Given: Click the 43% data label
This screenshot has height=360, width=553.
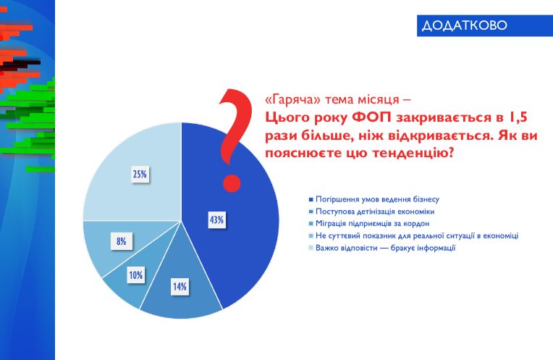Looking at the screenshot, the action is coord(216,220).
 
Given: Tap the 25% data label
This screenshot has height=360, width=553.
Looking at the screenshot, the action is coord(140,174).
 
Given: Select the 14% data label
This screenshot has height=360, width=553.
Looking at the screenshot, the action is coord(180,287).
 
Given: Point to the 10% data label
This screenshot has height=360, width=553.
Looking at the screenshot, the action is coord(136,275).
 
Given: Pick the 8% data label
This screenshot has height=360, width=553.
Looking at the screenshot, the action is coord(122,241).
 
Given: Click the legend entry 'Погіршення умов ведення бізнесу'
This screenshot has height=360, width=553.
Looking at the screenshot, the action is coord(377,199).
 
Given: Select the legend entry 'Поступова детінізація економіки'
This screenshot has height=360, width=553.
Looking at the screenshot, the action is coord(375,212).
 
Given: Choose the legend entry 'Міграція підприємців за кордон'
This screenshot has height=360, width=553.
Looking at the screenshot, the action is coord(373,223).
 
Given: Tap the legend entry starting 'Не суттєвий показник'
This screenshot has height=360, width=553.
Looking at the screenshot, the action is coord(417,235).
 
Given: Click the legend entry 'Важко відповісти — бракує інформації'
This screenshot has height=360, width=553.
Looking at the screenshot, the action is coord(386,248).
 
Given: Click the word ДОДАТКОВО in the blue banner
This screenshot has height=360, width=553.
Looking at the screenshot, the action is coord(465,25).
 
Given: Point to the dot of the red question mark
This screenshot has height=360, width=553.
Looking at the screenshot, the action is coord(232,183).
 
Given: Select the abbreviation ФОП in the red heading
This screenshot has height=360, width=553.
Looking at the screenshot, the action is coord(371,117).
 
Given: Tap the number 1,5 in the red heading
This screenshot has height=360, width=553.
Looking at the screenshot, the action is coord(518,117).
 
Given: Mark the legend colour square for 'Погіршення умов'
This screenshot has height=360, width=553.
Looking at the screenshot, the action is coord(311,200).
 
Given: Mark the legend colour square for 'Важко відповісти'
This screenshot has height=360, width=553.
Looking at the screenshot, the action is coord(311,248).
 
